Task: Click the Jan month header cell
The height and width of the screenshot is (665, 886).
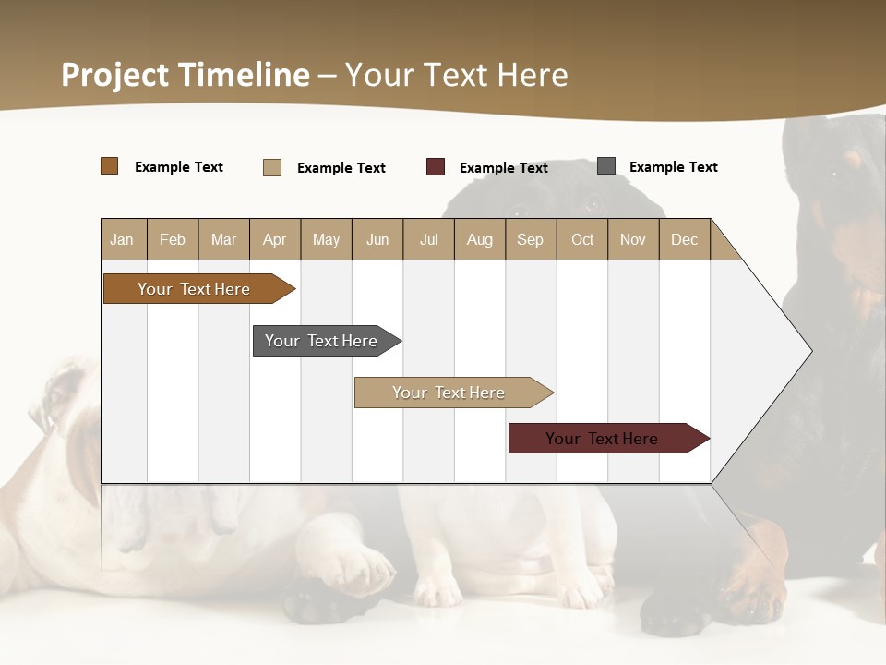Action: [123, 239]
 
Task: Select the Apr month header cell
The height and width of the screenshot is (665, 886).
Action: [275, 239]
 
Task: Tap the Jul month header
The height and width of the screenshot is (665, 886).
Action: [428, 239]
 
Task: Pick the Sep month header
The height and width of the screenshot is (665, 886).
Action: [531, 239]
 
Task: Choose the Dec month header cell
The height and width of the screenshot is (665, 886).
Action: [684, 239]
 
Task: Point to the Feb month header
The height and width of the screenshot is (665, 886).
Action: [173, 239]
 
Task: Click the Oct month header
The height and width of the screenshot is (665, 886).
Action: [582, 239]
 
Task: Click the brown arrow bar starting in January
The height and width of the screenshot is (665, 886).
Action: [194, 289]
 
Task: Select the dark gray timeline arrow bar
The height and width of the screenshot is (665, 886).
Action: [321, 341]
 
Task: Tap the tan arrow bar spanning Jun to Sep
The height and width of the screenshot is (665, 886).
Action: [449, 393]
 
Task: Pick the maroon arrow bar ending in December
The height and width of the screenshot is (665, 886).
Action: [602, 439]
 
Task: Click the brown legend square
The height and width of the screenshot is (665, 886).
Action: [110, 166]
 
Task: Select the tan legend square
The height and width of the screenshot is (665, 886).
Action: [272, 167]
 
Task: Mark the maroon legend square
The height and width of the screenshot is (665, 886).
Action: [436, 167]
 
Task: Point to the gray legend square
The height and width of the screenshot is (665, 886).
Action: [606, 166]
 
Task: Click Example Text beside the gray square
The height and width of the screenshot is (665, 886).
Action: [674, 167]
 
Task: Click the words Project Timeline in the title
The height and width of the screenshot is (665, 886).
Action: [186, 75]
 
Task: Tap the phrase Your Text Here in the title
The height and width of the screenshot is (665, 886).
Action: [457, 75]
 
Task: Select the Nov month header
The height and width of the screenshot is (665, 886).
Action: [633, 239]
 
